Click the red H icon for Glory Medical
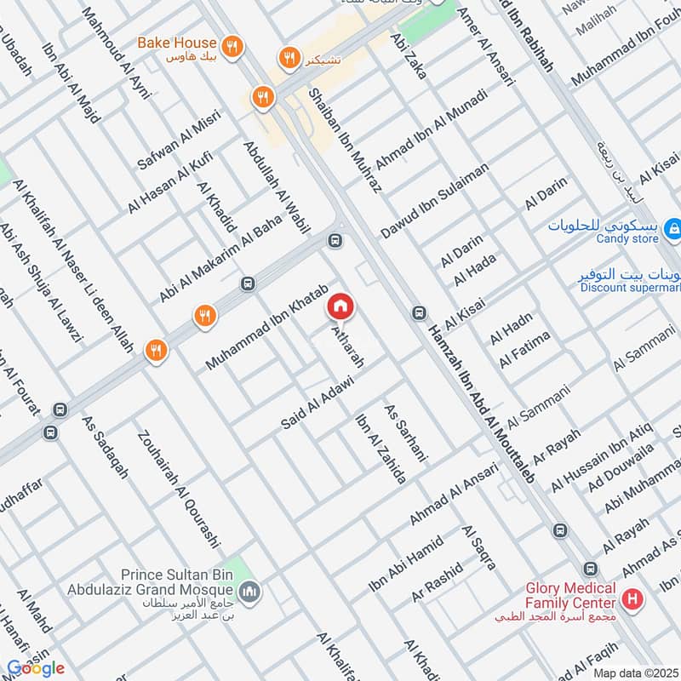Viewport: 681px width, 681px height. click(632, 598)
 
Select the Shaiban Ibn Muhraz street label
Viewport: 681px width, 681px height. click(345, 140)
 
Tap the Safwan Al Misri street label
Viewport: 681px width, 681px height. click(178, 139)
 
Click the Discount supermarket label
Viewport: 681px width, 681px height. click(630, 287)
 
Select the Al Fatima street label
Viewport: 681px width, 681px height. click(524, 350)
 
